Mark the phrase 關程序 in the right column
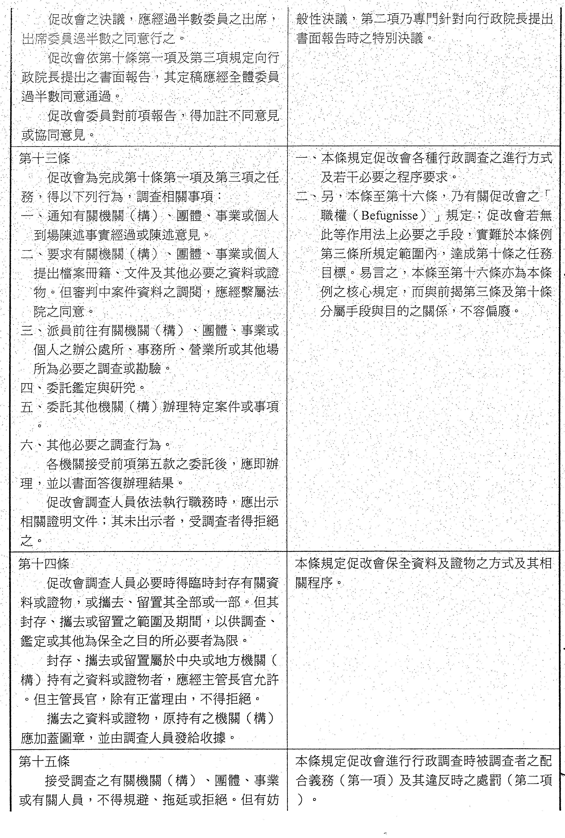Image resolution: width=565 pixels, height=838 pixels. tap(314, 583)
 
